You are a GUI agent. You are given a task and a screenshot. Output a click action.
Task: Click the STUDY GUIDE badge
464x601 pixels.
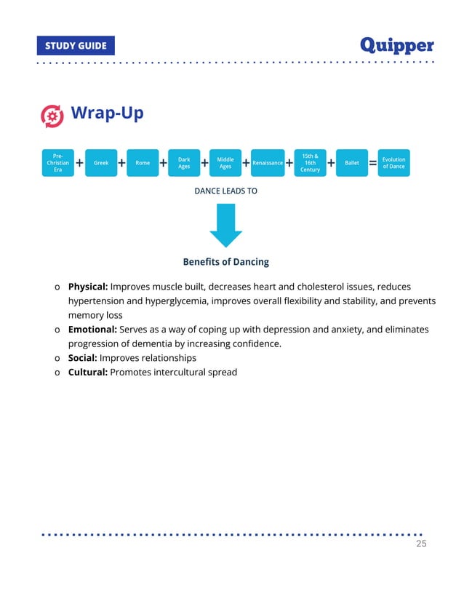(x=76, y=46)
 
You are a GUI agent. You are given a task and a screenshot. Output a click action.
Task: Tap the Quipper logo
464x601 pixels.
(x=397, y=45)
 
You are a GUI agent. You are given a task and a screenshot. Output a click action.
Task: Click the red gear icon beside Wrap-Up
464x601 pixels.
(x=52, y=115)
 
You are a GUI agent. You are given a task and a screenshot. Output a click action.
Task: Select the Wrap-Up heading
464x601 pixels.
(x=107, y=114)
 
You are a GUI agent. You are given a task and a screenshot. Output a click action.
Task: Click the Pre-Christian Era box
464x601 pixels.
(x=57, y=163)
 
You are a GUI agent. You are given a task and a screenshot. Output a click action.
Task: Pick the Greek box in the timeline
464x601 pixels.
(x=101, y=163)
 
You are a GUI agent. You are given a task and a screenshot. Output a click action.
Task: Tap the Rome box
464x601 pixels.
(x=143, y=163)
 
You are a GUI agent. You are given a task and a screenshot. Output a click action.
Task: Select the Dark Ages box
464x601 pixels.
(x=184, y=163)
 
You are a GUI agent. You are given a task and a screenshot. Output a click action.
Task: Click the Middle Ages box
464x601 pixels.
(x=225, y=163)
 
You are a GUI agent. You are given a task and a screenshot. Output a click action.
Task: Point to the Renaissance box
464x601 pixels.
(x=268, y=163)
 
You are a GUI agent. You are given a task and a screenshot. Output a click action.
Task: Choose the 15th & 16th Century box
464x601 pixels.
(x=310, y=163)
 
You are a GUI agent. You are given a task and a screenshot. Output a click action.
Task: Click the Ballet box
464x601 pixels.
(x=352, y=163)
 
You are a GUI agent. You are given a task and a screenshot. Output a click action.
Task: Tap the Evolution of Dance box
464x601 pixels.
(x=393, y=163)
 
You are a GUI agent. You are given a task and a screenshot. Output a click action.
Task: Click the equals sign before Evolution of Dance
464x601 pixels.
(x=373, y=164)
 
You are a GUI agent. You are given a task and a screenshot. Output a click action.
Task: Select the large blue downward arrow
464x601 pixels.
(x=225, y=225)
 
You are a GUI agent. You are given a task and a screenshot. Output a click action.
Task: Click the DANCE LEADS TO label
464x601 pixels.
(x=225, y=191)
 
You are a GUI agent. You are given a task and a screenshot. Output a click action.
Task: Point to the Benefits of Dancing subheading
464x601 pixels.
(x=225, y=262)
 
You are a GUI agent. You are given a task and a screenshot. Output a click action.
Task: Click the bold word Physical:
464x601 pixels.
(x=88, y=287)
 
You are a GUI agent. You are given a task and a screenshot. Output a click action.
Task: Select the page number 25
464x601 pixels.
(x=420, y=544)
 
